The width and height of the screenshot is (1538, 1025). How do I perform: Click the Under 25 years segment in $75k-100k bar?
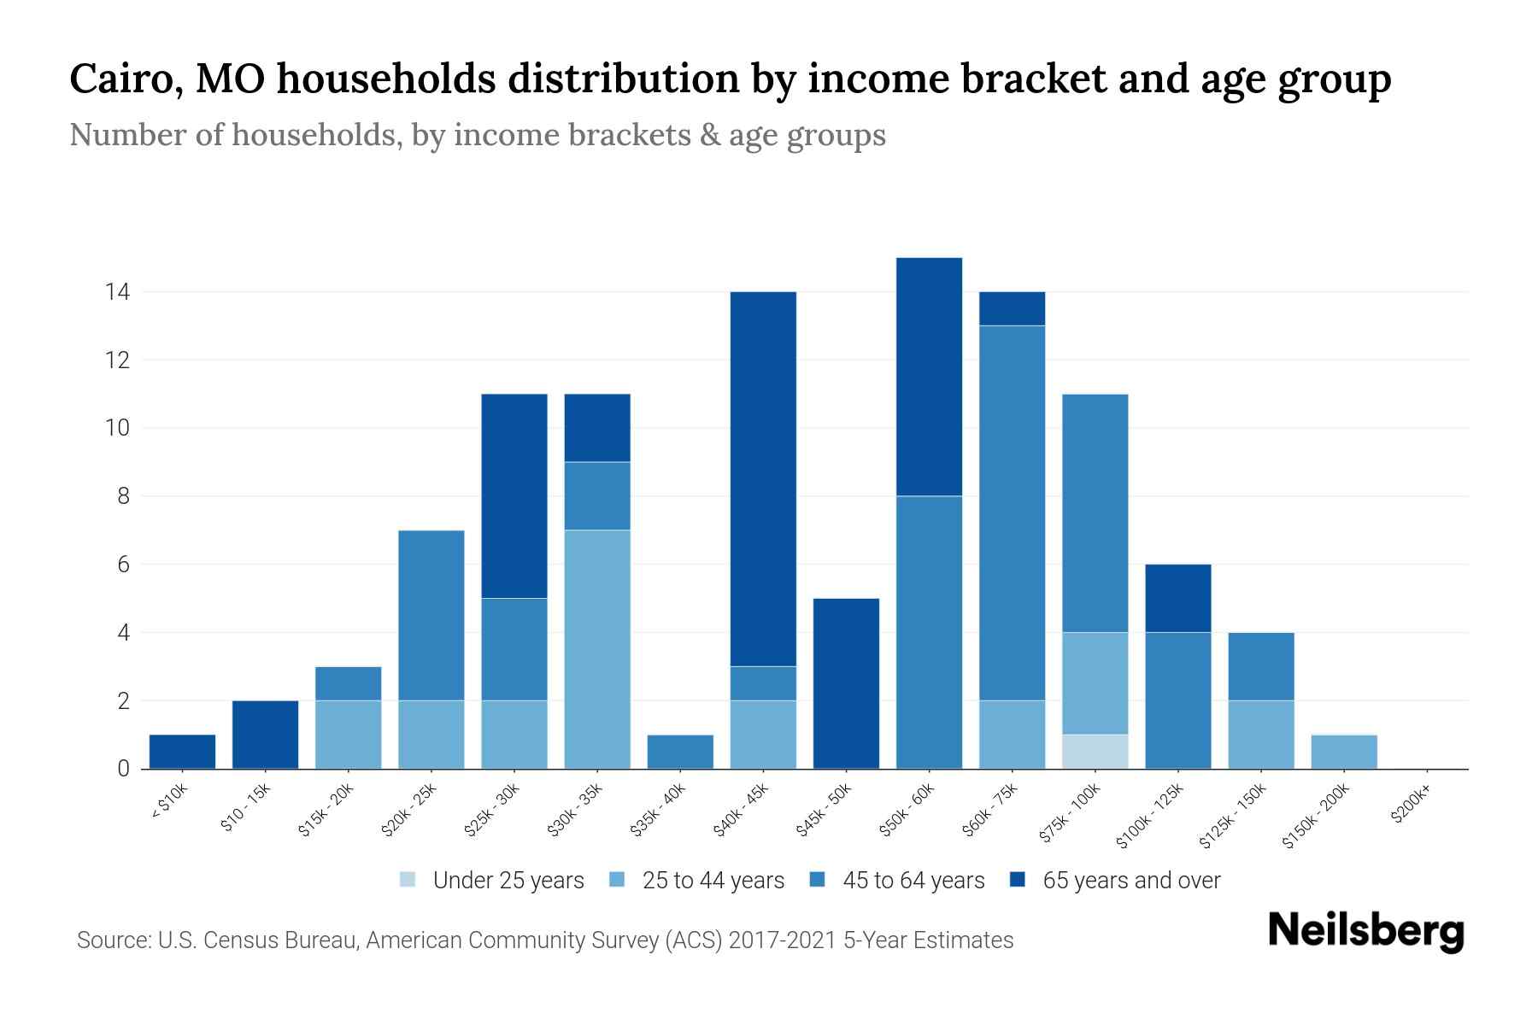point(1095,752)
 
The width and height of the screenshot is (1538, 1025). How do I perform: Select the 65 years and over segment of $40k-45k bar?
point(763,478)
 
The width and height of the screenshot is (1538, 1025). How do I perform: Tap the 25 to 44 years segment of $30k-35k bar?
point(597,649)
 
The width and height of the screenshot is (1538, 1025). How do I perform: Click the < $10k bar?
point(182,752)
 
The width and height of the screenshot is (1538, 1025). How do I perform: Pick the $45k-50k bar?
point(846,683)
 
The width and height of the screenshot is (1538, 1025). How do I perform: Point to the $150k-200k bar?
point(1344,752)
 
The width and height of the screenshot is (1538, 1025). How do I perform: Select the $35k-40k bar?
point(680,752)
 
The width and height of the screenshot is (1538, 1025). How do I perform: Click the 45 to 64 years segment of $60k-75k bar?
point(1012,512)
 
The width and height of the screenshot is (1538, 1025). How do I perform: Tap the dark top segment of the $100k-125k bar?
point(1177,598)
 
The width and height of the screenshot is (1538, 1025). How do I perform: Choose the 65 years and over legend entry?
point(1130,880)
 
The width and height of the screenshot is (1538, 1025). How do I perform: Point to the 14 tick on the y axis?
point(117,292)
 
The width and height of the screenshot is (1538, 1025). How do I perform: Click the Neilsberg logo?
point(1365,931)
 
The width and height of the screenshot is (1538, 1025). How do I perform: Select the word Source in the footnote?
point(111,940)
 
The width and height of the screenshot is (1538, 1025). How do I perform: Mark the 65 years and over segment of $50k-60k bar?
point(929,376)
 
